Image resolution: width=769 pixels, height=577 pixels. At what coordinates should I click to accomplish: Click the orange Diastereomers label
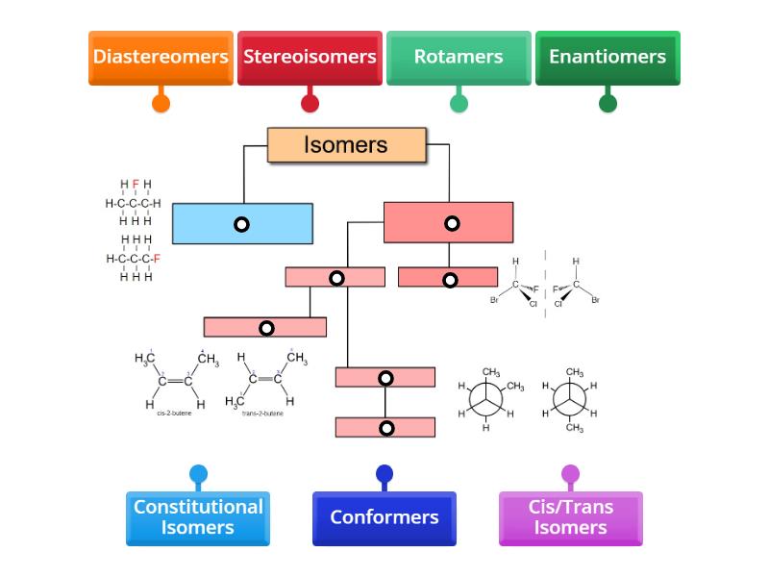(x=161, y=57)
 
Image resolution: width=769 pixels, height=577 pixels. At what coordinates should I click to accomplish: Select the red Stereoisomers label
(x=310, y=57)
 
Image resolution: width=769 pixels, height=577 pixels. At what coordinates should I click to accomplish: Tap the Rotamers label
(x=459, y=57)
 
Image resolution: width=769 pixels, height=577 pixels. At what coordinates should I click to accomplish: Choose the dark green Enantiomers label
(x=608, y=57)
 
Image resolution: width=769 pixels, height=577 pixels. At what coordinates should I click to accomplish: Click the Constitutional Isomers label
(x=198, y=517)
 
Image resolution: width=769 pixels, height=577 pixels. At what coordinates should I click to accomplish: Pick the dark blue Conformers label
(x=384, y=517)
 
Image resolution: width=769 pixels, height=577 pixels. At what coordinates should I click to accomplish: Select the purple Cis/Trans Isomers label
(x=571, y=517)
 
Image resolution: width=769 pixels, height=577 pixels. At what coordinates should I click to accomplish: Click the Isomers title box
(x=346, y=145)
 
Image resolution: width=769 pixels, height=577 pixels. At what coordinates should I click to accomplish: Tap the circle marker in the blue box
(x=241, y=224)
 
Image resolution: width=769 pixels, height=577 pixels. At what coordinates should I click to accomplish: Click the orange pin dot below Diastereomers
(x=161, y=103)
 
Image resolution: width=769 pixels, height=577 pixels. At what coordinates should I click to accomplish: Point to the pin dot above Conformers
(x=384, y=473)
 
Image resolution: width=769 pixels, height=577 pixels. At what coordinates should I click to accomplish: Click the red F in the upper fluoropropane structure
(x=136, y=185)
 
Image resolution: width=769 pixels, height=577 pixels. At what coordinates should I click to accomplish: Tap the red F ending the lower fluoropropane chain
(x=157, y=259)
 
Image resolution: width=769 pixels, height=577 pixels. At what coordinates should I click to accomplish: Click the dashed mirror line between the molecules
(x=545, y=285)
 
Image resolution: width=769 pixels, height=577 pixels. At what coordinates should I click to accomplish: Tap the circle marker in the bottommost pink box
(x=386, y=428)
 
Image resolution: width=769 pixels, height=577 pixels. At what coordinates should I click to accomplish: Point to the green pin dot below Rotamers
(x=459, y=103)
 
